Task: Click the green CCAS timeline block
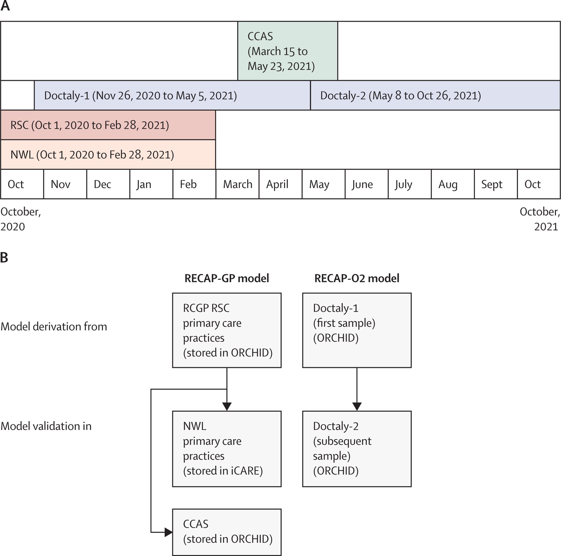coord(287,51)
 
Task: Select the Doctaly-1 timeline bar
coord(172,95)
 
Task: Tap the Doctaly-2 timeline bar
coord(435,95)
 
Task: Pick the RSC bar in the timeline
coord(108,125)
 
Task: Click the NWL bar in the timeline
coord(108,155)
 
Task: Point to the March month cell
coord(237,184)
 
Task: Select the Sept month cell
coord(496,184)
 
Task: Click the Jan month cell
coord(151,184)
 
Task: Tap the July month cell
coord(410,184)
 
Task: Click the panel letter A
coord(5,6)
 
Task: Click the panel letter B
coord(4,257)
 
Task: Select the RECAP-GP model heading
coord(227,279)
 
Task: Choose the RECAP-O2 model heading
coord(357,279)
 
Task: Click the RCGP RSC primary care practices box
coord(227,330)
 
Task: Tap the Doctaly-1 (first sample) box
coord(357,330)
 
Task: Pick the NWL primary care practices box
coord(227,449)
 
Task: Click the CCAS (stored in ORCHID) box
coord(227,532)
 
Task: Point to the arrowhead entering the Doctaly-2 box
coord(357,406)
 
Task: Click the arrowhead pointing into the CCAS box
coord(168,532)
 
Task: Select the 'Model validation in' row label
coord(46,426)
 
